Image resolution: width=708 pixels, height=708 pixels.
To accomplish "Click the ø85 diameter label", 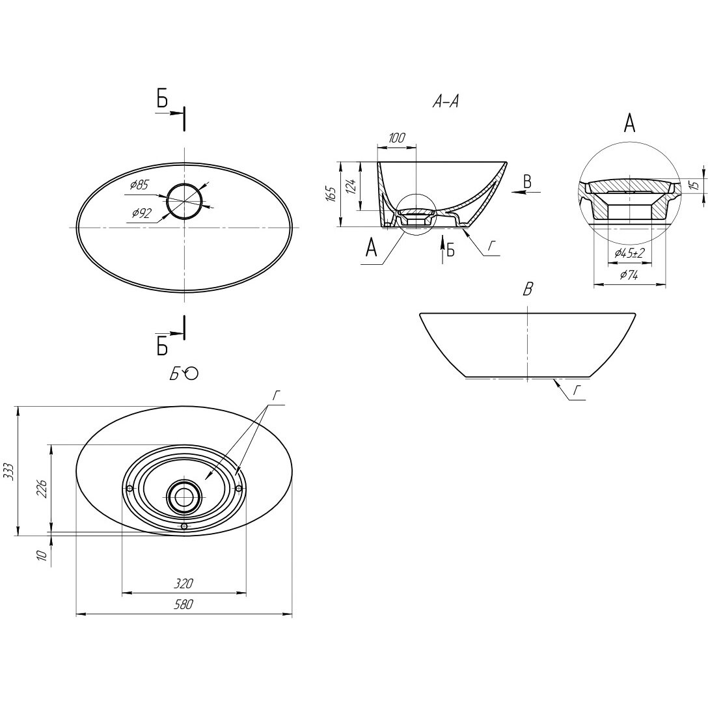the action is [x=139, y=185].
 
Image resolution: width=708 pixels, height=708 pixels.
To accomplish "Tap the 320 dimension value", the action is [x=184, y=583].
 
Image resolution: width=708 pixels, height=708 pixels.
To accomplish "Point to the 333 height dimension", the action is [x=8, y=471].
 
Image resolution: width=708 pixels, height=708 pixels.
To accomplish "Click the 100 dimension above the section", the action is [x=396, y=138].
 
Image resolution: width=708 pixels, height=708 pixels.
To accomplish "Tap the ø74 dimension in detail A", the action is [x=629, y=275].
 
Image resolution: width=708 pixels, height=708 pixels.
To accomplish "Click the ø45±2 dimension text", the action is [x=628, y=253].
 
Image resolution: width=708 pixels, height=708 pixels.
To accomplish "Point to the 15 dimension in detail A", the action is [x=694, y=185].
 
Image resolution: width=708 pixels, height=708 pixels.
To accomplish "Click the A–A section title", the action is [x=446, y=102].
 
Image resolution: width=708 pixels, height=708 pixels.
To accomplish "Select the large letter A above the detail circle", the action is [x=629, y=123].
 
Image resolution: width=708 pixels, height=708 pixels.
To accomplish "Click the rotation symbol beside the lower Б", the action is [x=192, y=373].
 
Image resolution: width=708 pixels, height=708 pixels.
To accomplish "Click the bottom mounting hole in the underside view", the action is [x=184, y=525].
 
